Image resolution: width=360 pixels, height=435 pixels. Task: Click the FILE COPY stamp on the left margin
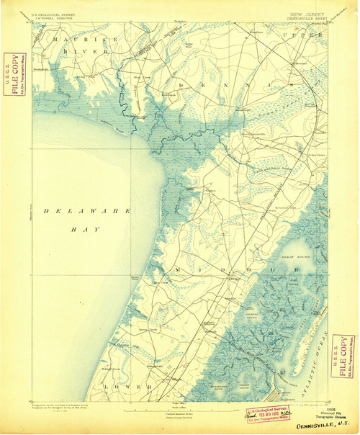10,75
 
